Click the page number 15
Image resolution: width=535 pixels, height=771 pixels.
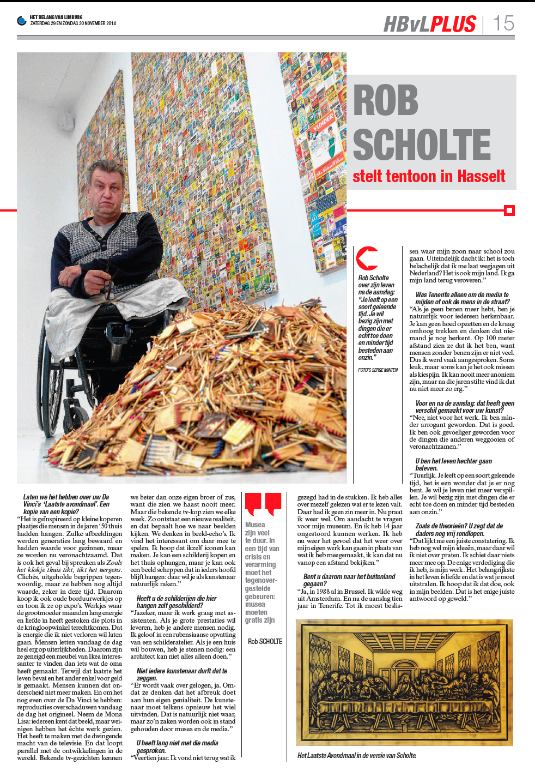[x=503, y=23]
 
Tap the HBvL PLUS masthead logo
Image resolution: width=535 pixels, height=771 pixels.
[x=430, y=24]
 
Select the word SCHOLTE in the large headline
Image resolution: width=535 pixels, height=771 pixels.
[x=422, y=144]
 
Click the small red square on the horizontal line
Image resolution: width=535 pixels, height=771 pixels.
[x=509, y=210]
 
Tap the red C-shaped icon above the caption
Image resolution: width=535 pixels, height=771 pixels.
[x=367, y=258]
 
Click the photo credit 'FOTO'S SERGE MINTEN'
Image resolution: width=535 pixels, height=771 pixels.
[x=378, y=370]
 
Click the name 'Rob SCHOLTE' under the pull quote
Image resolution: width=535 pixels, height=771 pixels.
[x=265, y=642]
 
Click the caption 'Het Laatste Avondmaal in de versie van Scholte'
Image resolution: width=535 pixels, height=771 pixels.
[x=357, y=756]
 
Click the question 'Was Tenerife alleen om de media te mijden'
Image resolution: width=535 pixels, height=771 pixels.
[x=462, y=298]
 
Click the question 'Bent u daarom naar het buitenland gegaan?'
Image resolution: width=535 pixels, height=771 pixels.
[x=349, y=580]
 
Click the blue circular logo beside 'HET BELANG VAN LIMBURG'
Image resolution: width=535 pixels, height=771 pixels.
[x=22, y=21]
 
